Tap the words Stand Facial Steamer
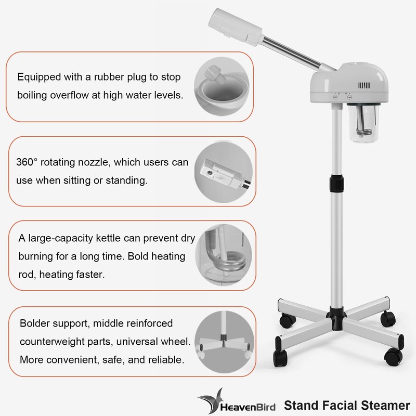point(343,403)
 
